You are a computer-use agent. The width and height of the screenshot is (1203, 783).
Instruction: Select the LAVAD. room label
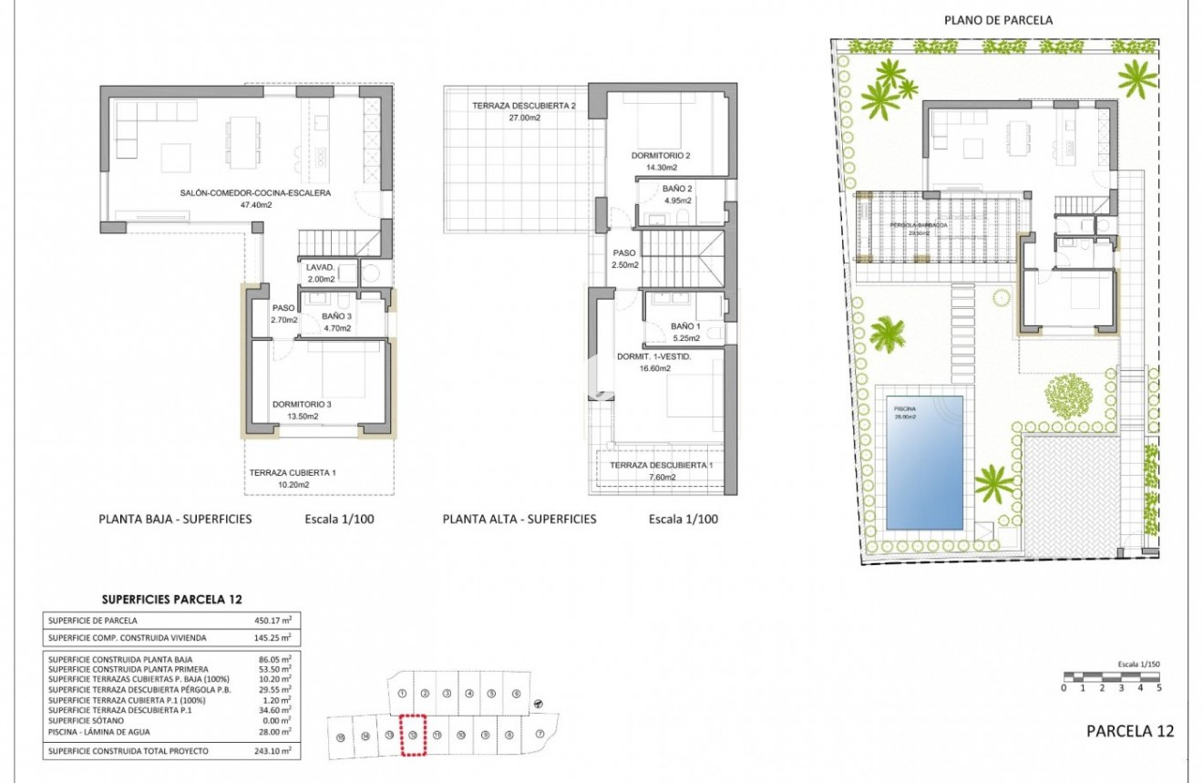coord(320,268)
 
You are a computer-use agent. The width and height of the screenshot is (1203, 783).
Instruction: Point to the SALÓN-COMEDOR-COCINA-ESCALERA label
coord(254,193)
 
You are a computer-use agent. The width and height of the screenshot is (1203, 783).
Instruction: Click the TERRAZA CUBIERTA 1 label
coord(293,472)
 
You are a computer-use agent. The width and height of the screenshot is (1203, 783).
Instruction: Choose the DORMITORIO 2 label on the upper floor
coord(661,156)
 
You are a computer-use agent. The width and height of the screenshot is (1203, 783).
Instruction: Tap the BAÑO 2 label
coord(677,189)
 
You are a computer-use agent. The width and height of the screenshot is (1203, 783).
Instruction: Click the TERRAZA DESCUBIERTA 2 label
coord(524,106)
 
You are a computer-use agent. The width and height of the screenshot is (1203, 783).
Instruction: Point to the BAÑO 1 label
coord(685,325)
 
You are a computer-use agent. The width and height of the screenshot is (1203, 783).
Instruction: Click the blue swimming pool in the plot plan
coord(924,461)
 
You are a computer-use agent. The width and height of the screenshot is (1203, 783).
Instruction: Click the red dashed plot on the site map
coord(414,734)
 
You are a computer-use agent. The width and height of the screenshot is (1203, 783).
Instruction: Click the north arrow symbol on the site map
coord(538,703)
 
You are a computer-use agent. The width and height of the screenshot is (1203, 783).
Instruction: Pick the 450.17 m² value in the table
coord(272,620)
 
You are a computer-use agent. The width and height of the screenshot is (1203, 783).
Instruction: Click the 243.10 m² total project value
coord(272,750)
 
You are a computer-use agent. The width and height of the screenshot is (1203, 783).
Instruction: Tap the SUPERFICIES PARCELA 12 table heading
coord(172,599)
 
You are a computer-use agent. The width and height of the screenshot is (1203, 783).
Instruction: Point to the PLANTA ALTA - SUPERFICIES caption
coord(519,519)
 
